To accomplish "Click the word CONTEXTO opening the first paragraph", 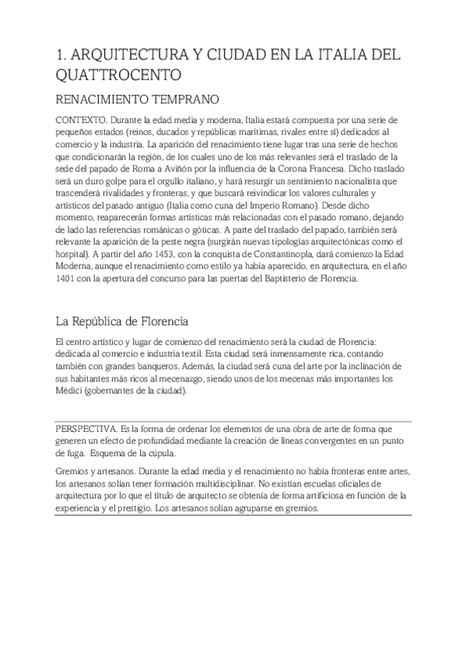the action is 80,121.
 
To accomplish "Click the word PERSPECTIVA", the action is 83,428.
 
